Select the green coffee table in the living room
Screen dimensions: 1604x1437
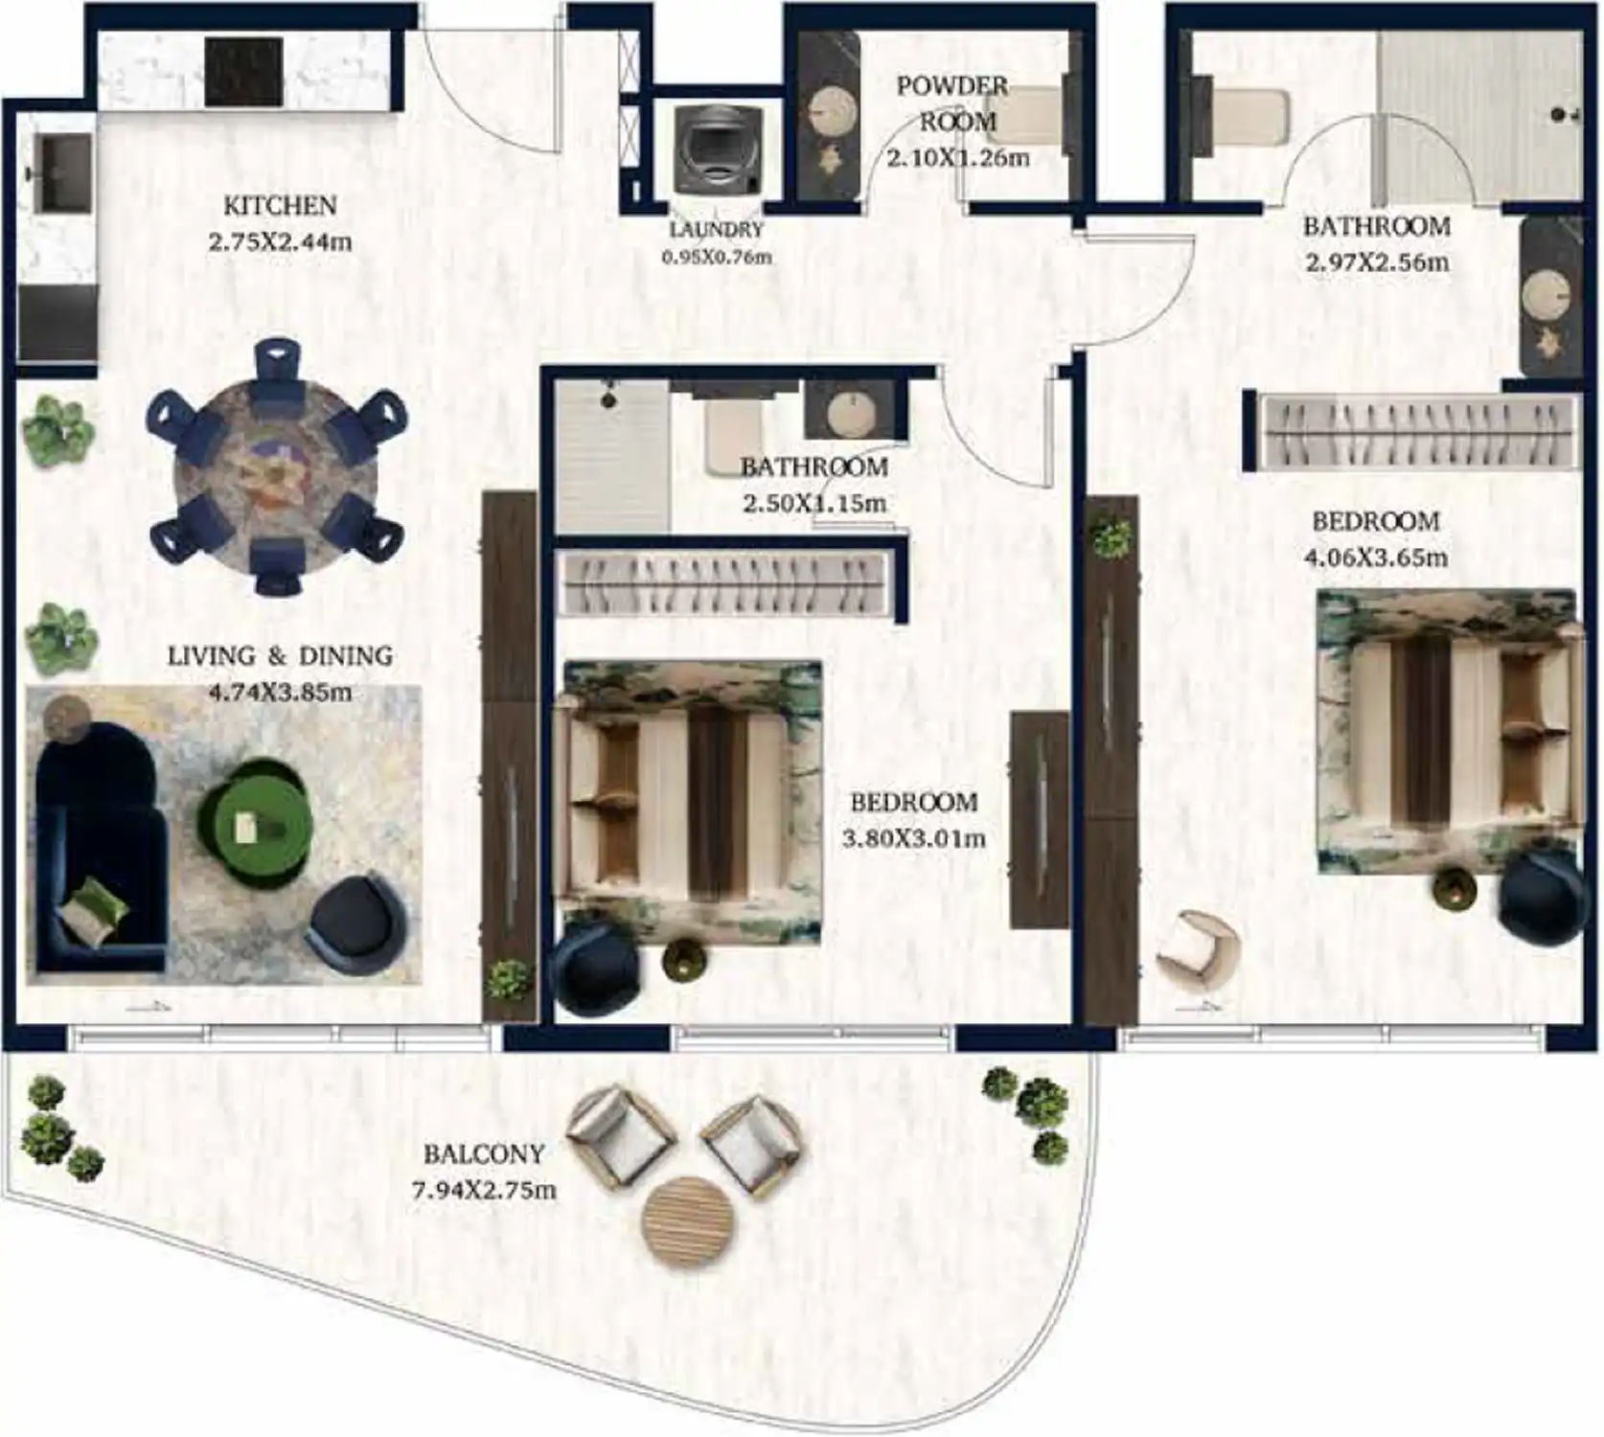254,819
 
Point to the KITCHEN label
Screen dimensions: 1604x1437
280,205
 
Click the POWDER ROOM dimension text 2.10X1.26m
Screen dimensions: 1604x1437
958,157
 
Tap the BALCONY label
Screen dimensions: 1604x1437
484,1153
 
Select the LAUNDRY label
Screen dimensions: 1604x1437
717,229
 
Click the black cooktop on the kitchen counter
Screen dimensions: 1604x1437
244,72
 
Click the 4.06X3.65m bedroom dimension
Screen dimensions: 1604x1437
1376,558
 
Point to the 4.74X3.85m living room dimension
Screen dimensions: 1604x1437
280,692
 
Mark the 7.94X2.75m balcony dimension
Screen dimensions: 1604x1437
484,1191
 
